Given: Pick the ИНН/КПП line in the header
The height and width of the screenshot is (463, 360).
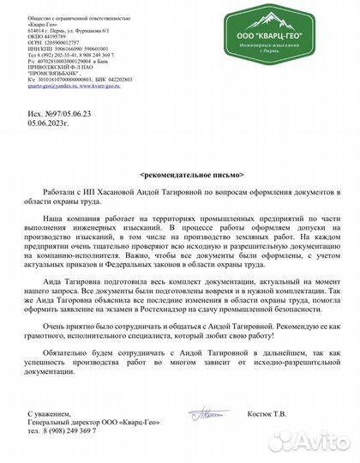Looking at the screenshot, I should [53, 49].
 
